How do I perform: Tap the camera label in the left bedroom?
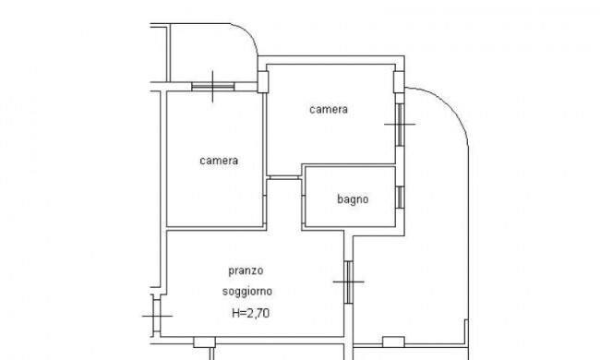point(220,161)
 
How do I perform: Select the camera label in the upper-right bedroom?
point(329,110)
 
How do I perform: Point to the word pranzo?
point(246,271)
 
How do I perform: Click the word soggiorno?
point(246,292)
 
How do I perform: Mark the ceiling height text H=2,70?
point(251,314)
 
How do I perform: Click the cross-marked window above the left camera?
point(213,87)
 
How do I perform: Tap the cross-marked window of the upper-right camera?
point(400,122)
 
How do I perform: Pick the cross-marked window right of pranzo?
point(348,280)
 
